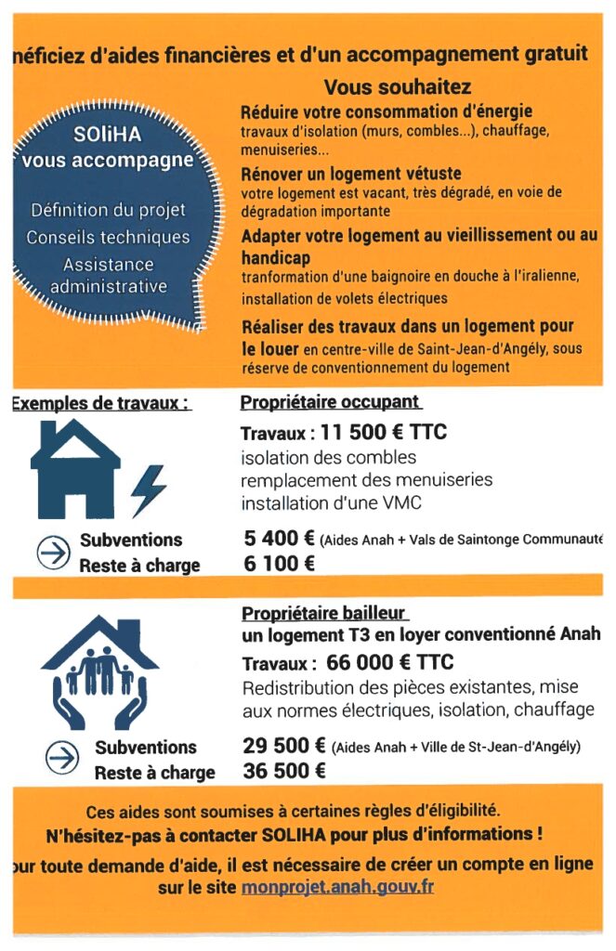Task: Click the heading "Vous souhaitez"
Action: (x=398, y=87)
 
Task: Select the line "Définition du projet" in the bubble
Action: (x=108, y=210)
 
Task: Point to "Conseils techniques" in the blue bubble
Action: (x=108, y=237)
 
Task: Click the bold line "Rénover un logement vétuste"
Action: (x=351, y=174)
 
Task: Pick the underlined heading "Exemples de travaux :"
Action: (x=100, y=404)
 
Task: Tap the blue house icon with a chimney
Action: (x=74, y=469)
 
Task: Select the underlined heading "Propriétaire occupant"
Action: (x=331, y=403)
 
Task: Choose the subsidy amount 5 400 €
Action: (x=278, y=540)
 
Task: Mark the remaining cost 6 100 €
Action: (x=278, y=564)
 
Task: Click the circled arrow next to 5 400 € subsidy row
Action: (x=53, y=552)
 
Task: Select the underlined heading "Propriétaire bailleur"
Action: (x=324, y=614)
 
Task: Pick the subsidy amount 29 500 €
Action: (x=283, y=746)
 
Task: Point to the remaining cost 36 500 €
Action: (x=283, y=771)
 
